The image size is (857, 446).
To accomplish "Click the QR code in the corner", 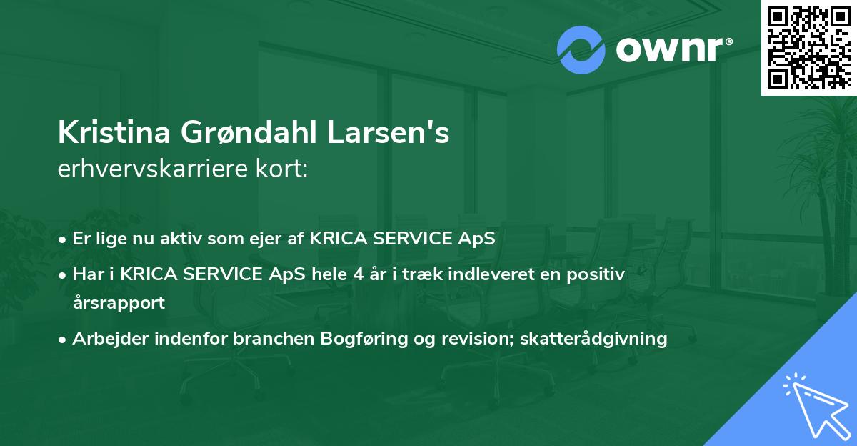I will tap(808, 47).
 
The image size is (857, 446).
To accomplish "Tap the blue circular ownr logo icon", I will tap(580, 50).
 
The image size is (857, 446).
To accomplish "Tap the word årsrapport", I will tap(119, 302).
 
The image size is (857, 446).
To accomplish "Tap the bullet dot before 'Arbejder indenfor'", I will tap(63, 340).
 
